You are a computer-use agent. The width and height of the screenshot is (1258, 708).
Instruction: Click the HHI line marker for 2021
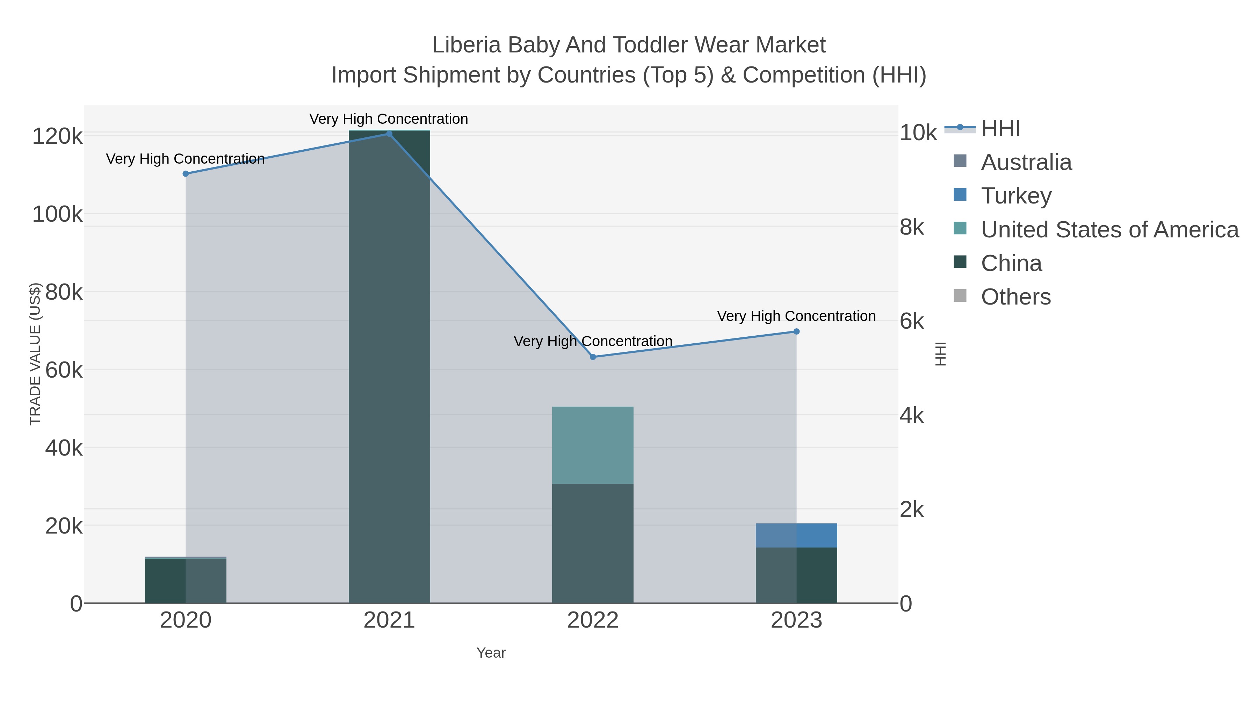tap(389, 134)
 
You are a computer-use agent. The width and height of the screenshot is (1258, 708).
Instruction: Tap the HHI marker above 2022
tap(593, 357)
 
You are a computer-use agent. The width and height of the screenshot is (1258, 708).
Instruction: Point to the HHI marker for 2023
tap(796, 332)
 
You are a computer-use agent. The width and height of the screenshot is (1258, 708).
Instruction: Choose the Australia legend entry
tap(1026, 162)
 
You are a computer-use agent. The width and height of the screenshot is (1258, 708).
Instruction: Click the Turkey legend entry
tap(1016, 196)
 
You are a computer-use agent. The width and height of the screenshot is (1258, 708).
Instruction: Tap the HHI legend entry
tap(1000, 129)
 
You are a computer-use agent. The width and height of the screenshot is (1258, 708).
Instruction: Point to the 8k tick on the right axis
tap(912, 228)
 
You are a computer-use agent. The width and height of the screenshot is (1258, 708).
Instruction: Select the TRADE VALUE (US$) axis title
tap(35, 354)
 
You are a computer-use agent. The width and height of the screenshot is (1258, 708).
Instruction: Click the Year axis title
tap(491, 653)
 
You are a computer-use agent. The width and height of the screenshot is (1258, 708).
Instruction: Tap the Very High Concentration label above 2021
tap(388, 119)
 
